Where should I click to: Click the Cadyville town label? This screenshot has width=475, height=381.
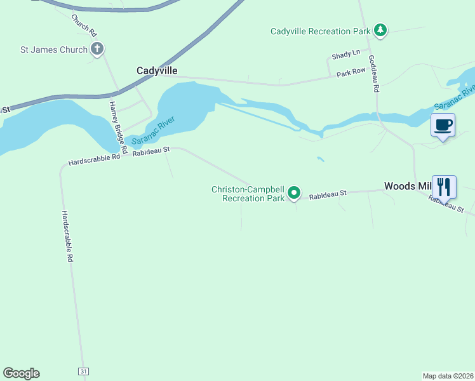(x=157, y=70)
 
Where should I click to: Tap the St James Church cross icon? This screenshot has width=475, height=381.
(x=97, y=49)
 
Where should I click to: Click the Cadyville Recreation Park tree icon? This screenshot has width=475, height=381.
(x=380, y=30)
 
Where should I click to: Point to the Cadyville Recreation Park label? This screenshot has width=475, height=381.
(x=319, y=31)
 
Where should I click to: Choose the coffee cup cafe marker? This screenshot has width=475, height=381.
(x=443, y=124)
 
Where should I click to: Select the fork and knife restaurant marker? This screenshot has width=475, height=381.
(x=444, y=187)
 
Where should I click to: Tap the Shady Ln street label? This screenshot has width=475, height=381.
(x=346, y=53)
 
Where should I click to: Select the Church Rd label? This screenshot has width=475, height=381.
(x=84, y=25)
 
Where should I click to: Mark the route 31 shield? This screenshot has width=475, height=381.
(x=83, y=370)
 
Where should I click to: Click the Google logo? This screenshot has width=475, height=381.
(x=21, y=373)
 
